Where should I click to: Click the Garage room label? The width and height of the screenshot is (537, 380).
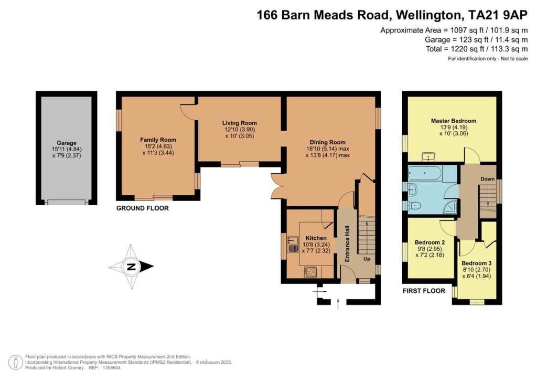coord(67,143)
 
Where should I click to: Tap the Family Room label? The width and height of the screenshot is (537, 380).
coord(158,140)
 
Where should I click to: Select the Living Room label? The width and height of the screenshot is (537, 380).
coord(239,123)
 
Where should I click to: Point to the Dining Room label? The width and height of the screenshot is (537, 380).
coord(328,142)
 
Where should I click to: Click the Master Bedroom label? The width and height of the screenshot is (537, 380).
coord(454,121)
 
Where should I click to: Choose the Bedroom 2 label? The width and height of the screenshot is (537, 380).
coord(430,242)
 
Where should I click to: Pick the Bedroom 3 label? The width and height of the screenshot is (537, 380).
coord(476,263)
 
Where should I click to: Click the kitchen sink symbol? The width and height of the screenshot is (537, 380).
coord(293,244)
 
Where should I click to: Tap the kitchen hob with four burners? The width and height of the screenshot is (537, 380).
coord(310,272)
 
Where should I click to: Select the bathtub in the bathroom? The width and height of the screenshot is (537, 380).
coord(425,173)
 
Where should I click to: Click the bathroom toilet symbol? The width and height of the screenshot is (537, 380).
coord(413,206)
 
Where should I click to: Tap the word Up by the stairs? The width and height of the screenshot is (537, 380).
coord(367,259)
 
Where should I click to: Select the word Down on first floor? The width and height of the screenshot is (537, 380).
coord(487,179)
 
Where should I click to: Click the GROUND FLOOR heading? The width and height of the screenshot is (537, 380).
coord(143,208)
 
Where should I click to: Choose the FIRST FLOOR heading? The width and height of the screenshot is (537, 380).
coord(424,291)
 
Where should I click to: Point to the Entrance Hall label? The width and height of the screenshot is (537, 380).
coord(347,244)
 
